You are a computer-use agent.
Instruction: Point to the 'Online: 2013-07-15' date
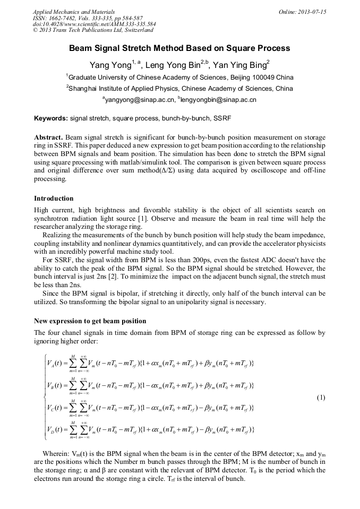[x=302, y=12]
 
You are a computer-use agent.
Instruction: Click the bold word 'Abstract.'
[x=49, y=136]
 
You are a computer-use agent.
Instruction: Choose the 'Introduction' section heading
[x=54, y=199]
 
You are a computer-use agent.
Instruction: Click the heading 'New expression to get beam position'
[x=90, y=321]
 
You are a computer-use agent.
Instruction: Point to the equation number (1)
[x=321, y=398]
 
